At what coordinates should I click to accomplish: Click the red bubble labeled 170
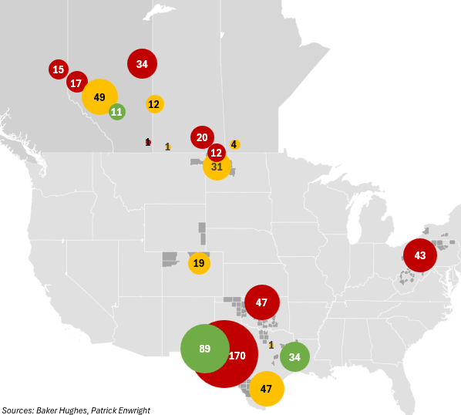pyautogui.click(x=235, y=357)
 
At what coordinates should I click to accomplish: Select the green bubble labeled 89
pyautogui.click(x=204, y=349)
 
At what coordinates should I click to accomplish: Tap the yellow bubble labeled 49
pyautogui.click(x=99, y=97)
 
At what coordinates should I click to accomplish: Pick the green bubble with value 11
pyautogui.click(x=116, y=112)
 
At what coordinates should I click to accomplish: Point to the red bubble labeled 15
pyautogui.click(x=58, y=70)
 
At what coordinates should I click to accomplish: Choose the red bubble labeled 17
pyautogui.click(x=76, y=83)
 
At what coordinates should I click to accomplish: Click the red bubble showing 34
pyautogui.click(x=142, y=64)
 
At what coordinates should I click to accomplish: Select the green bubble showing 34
pyautogui.click(x=294, y=357)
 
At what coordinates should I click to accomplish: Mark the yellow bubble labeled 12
pyautogui.click(x=154, y=104)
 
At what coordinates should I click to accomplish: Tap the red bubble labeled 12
pyautogui.click(x=217, y=152)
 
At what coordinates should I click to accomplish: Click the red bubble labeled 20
pyautogui.click(x=202, y=137)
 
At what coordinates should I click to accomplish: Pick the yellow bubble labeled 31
pyautogui.click(x=217, y=167)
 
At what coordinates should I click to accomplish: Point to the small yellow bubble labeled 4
pyautogui.click(x=234, y=144)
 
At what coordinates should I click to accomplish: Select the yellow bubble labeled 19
pyautogui.click(x=199, y=263)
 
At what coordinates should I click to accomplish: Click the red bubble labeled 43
pyautogui.click(x=419, y=255)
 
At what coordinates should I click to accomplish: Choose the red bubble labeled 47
pyautogui.click(x=261, y=302)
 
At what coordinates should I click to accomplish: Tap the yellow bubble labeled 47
pyautogui.click(x=267, y=388)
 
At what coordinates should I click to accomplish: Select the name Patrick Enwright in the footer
pyautogui.click(x=120, y=410)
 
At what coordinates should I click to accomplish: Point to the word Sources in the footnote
pyautogui.click(x=17, y=410)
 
